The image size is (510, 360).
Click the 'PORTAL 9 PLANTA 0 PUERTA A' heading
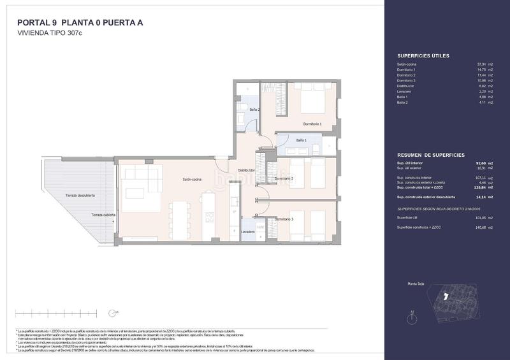80,23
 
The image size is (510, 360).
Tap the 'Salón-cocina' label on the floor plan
192,180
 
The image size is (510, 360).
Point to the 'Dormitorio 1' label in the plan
312,124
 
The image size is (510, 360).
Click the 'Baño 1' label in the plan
301,140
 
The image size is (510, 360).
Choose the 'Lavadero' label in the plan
248,233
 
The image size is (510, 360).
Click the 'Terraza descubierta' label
80,196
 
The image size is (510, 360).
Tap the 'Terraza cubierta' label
103,215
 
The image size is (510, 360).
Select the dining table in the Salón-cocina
180,220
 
